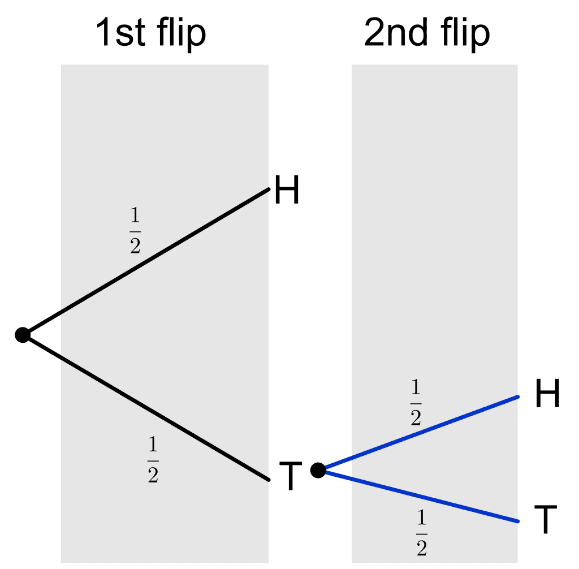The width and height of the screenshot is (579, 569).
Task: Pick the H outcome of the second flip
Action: (547, 394)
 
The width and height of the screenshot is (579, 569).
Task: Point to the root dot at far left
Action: (23, 335)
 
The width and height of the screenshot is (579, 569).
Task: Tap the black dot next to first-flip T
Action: (318, 469)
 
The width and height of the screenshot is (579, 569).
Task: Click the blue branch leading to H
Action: (418, 433)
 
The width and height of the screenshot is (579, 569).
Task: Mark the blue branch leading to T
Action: (418, 495)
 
